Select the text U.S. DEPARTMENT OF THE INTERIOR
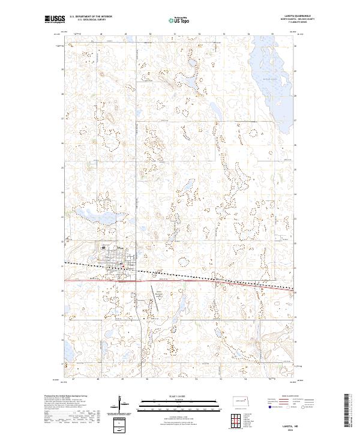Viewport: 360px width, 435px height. click(x=91, y=17)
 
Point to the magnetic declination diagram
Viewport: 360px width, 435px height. click(x=122, y=403)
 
